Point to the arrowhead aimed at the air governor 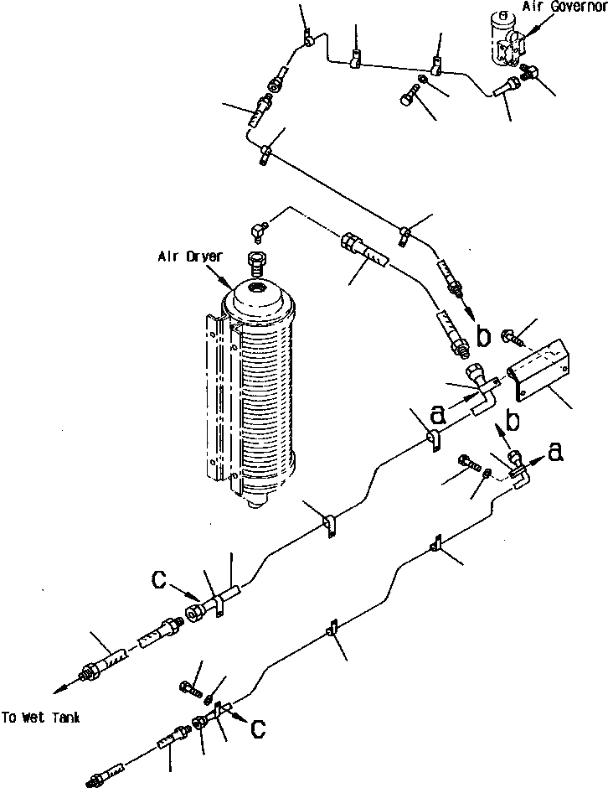coord(523,34)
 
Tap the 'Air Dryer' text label coord(190,257)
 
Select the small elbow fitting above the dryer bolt coord(259,227)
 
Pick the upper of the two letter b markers coord(483,336)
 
